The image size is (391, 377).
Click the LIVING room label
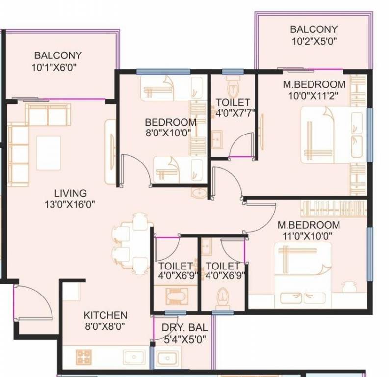click(70, 193)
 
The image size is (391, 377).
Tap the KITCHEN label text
click(105, 315)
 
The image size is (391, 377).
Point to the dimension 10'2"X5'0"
click(313, 41)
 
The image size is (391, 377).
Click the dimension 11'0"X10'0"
click(308, 236)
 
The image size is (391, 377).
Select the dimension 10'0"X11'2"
click(313, 95)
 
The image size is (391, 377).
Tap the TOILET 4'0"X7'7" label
click(233, 108)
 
